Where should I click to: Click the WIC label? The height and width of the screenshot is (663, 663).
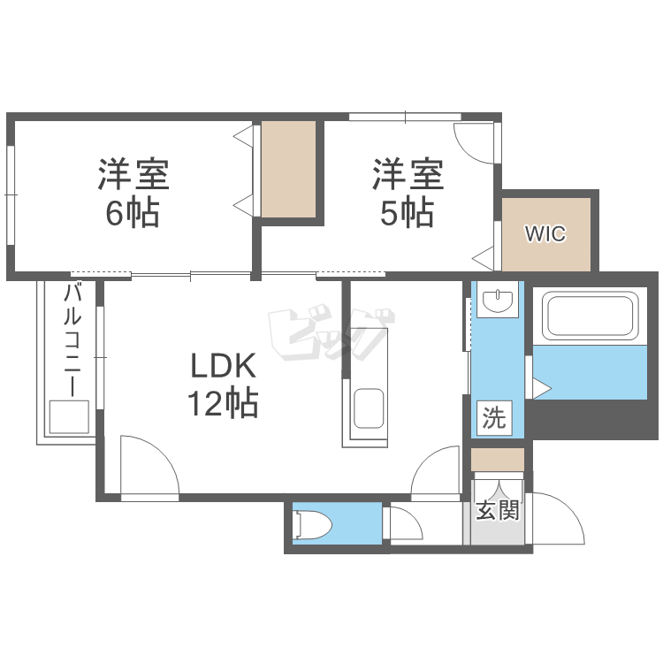click(x=545, y=234)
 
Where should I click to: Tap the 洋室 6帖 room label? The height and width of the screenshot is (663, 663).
click(x=133, y=193)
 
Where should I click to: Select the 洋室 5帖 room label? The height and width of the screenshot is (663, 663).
click(x=407, y=193)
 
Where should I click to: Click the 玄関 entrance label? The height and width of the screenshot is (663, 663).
click(x=497, y=510)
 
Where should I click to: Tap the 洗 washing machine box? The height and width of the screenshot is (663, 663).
click(x=493, y=418)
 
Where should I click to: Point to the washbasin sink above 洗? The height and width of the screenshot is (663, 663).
click(x=499, y=301)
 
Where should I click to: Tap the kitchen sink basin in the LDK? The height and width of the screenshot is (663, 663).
click(x=367, y=409)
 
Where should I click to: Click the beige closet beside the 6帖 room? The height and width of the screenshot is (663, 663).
click(x=288, y=170)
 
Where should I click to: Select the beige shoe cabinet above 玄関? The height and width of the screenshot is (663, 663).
click(x=497, y=460)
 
